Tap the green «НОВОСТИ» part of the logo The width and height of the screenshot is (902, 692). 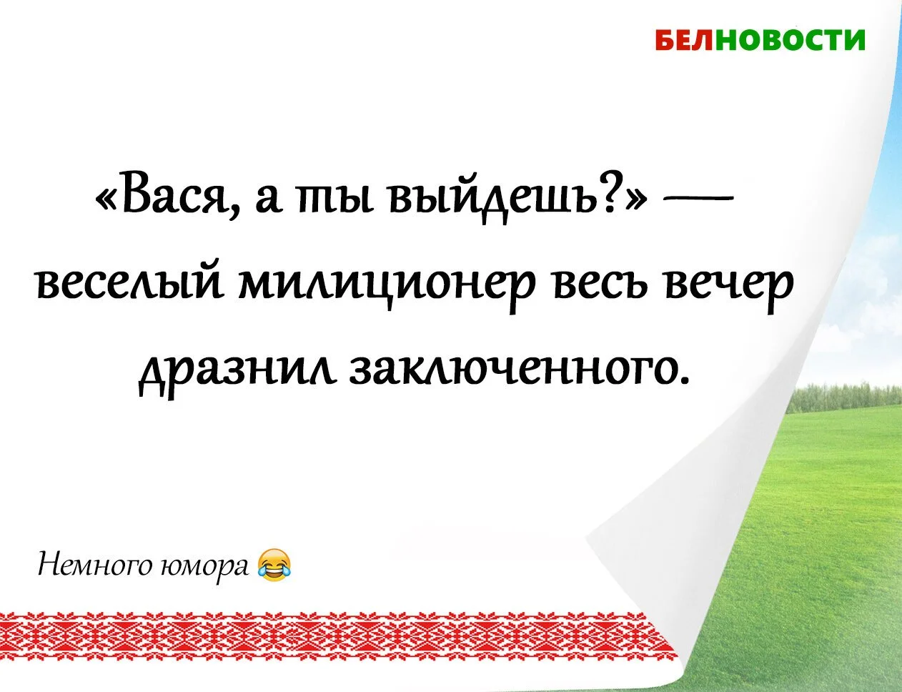(x=791, y=41)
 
